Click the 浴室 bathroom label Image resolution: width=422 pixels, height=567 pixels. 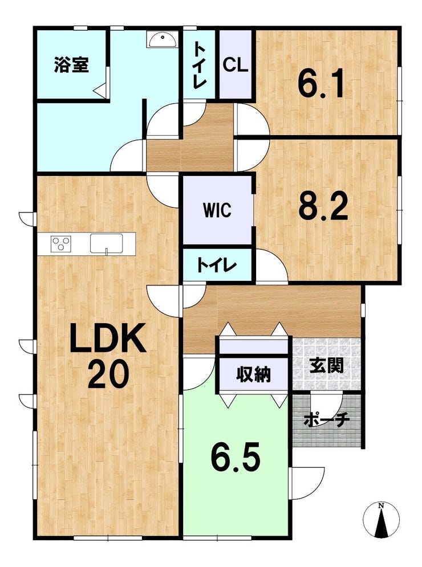72,65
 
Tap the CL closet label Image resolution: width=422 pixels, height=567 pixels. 236,65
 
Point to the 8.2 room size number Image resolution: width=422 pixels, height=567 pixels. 323,205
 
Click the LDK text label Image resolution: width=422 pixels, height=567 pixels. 107,338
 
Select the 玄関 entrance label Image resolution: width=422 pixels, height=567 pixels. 326,366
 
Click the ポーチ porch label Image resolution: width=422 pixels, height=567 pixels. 326,420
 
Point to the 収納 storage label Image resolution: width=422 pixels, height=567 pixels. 254,374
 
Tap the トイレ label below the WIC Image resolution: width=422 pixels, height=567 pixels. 217,266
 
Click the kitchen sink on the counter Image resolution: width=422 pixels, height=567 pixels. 107,243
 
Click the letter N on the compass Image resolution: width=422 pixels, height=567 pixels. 381,506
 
